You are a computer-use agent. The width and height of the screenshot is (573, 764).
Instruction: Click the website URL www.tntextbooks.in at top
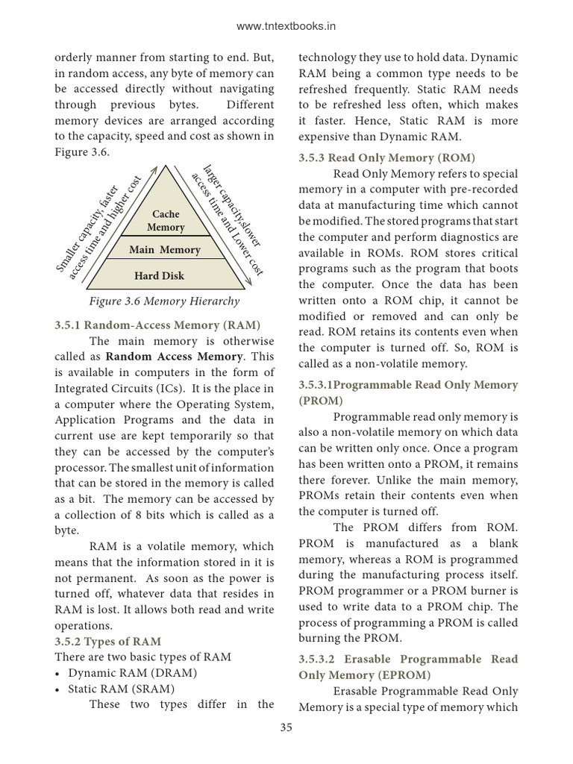286,26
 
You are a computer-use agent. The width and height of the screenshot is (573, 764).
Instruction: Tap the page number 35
286,727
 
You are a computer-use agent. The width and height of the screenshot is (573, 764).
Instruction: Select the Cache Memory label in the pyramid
165,220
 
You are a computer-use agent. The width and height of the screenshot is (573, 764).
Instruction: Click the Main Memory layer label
165,249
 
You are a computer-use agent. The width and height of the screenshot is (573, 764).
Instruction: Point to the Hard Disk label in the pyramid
159,275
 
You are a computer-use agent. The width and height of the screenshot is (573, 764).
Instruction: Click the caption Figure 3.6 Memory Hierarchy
164,301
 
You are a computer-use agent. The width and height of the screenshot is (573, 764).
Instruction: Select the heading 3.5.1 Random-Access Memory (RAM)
157,325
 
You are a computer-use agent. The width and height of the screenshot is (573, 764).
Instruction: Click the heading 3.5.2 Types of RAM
107,641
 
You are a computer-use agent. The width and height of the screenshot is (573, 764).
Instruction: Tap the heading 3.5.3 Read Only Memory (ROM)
386,157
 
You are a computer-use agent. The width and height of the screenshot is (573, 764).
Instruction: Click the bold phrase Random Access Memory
178,356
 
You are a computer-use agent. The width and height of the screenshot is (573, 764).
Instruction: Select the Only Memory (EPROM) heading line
365,674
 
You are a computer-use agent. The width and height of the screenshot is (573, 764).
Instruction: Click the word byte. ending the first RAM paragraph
66,530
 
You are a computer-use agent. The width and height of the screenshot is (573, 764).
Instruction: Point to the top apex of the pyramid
166,166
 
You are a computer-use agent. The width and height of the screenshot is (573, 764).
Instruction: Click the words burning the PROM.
350,638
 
